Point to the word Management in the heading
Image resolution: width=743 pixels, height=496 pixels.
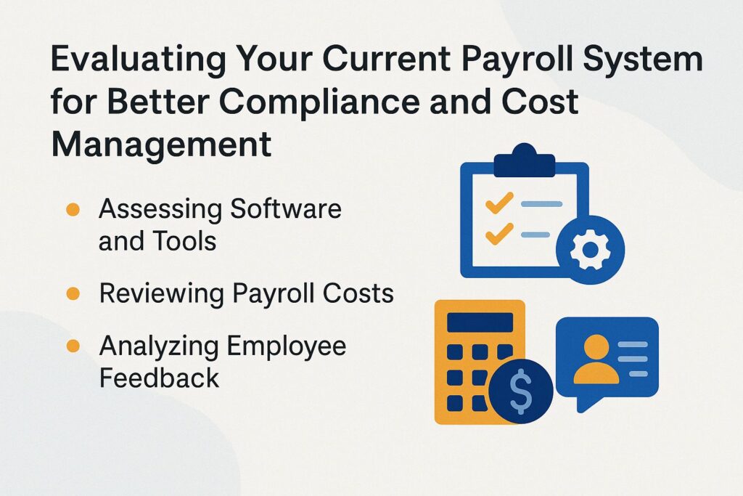pos(161,145)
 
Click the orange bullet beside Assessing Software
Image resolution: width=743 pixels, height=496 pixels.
pos(73,210)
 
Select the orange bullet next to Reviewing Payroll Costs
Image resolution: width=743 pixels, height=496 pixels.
pos(73,293)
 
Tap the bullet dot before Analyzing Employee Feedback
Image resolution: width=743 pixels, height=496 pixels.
pos(73,346)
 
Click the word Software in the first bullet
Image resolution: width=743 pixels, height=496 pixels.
pos(286,210)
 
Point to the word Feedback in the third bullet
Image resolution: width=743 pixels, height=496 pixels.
pos(159,378)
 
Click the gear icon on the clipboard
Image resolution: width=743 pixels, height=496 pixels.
pos(589,251)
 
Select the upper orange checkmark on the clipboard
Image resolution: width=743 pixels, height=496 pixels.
pos(499,203)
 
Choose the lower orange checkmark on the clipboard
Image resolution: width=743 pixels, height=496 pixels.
pos(499,234)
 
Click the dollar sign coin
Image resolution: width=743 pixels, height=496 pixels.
pos(520,392)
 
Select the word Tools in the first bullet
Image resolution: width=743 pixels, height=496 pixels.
pos(184,240)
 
